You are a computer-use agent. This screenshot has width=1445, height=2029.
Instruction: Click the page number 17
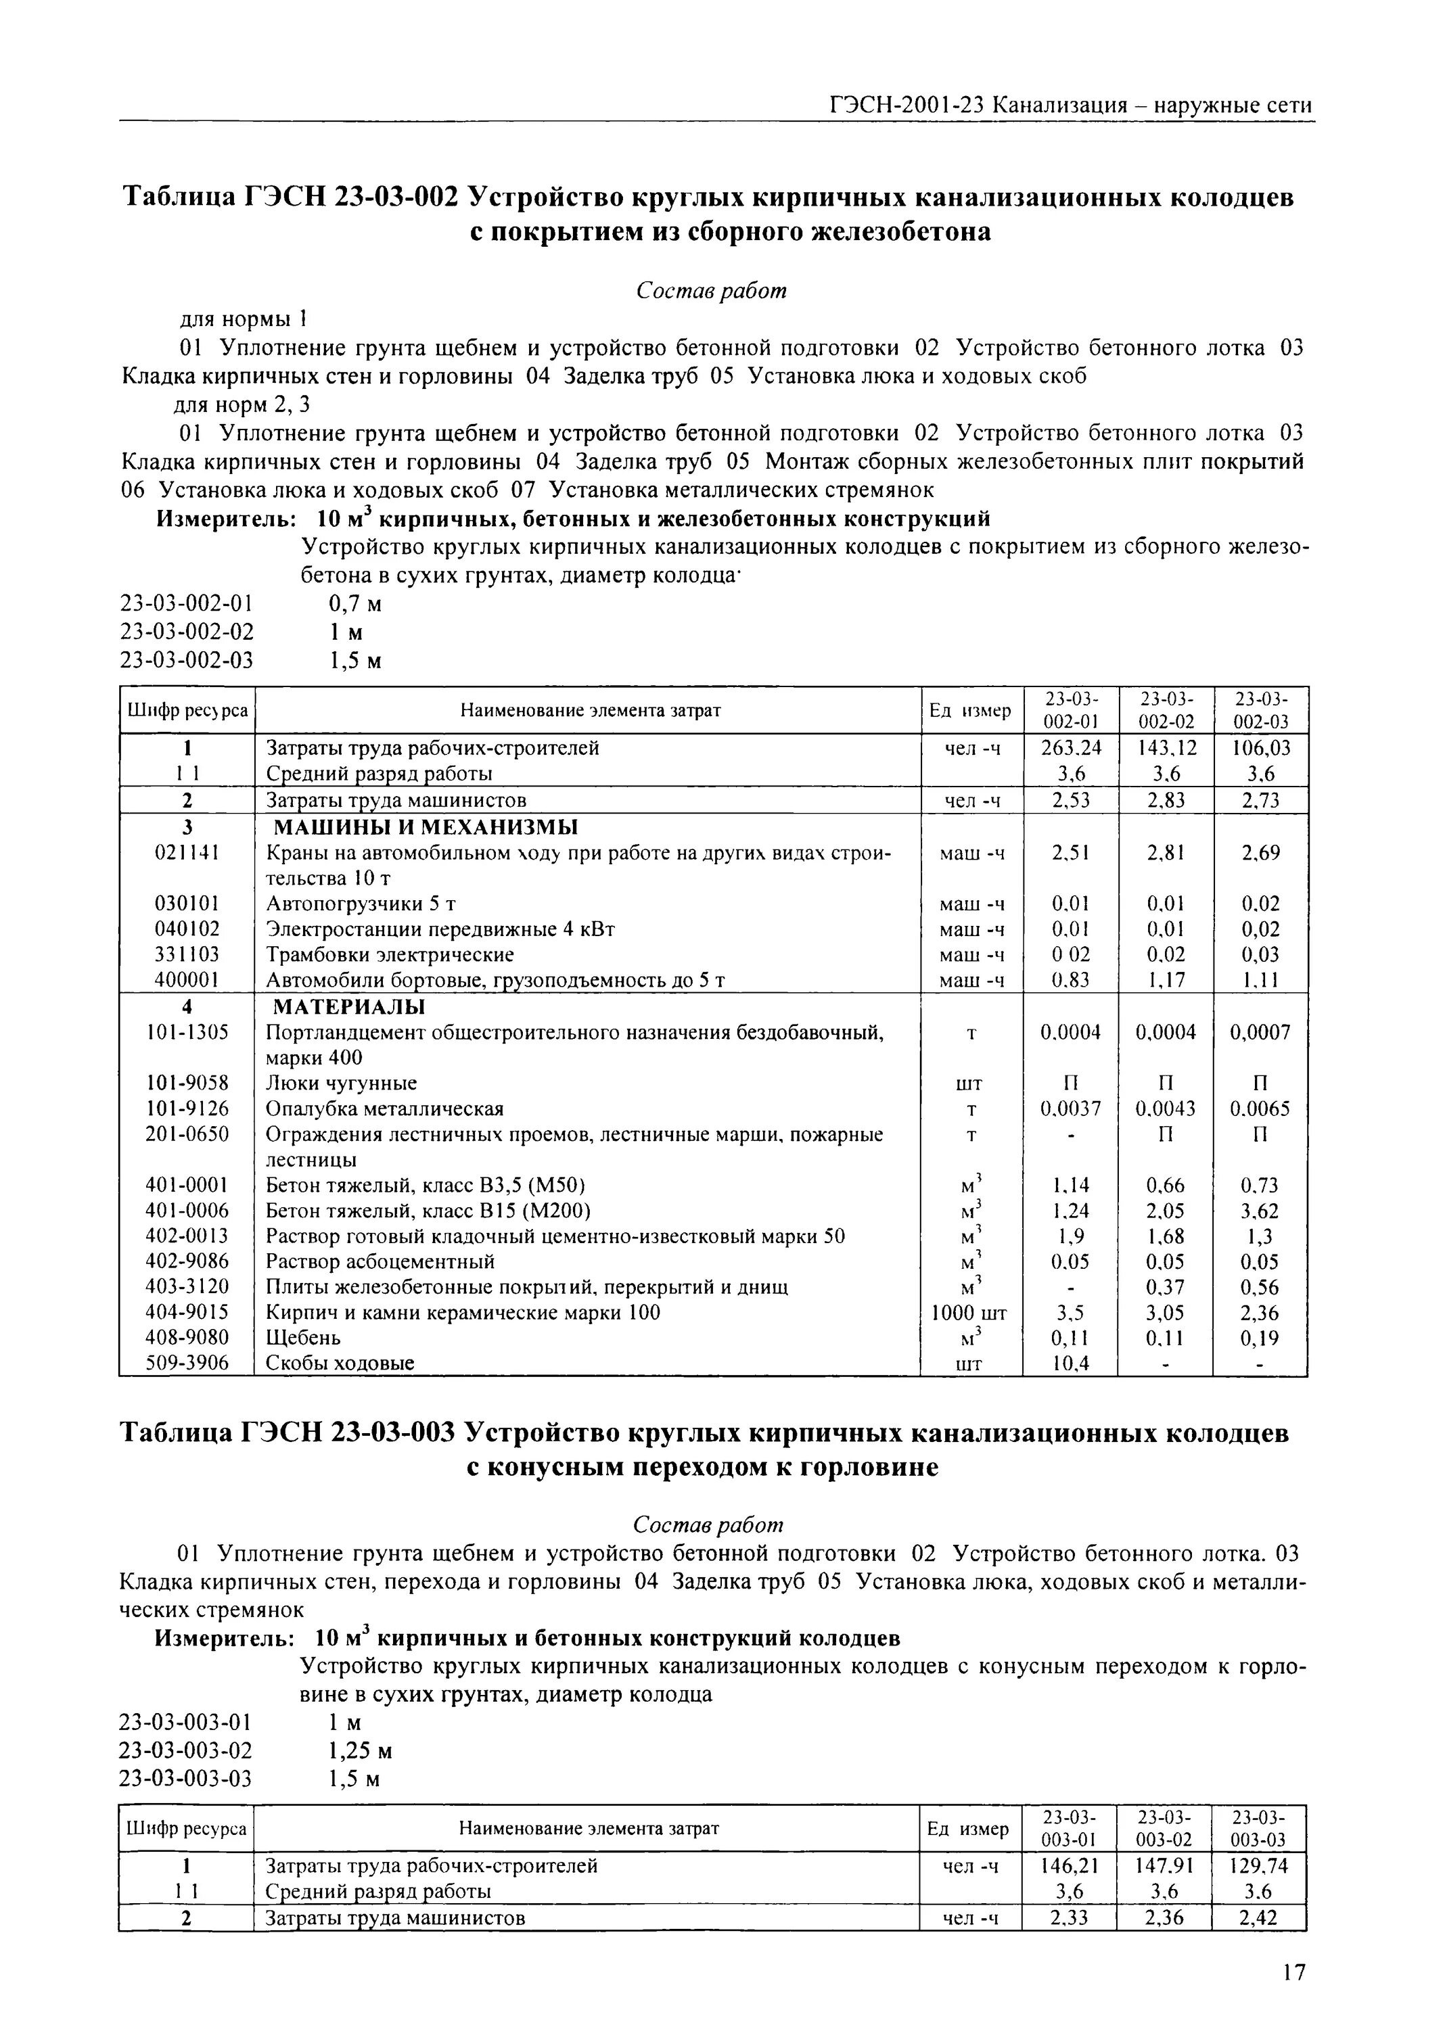[x=1295, y=1972]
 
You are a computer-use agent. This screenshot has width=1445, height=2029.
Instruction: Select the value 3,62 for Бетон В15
[x=1260, y=1211]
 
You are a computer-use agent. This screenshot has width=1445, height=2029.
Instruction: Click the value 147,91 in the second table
[x=1165, y=1865]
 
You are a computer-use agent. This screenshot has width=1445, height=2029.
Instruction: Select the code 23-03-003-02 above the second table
[x=186, y=1750]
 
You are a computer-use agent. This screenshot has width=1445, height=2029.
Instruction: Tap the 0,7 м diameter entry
[x=355, y=605]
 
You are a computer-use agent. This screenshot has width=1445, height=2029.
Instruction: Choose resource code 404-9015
[x=186, y=1313]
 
